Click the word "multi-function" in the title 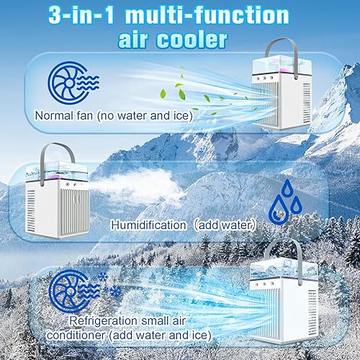(x=207, y=15)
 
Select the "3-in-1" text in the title (x=81, y=16)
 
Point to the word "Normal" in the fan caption (x=54, y=115)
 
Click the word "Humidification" (x=148, y=225)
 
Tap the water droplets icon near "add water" (x=285, y=202)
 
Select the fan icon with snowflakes (x=85, y=291)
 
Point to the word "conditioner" (x=76, y=336)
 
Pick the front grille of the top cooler (x=265, y=104)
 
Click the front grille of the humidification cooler (x=75, y=211)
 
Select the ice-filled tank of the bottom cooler (x=283, y=269)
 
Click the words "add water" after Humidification (x=225, y=225)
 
